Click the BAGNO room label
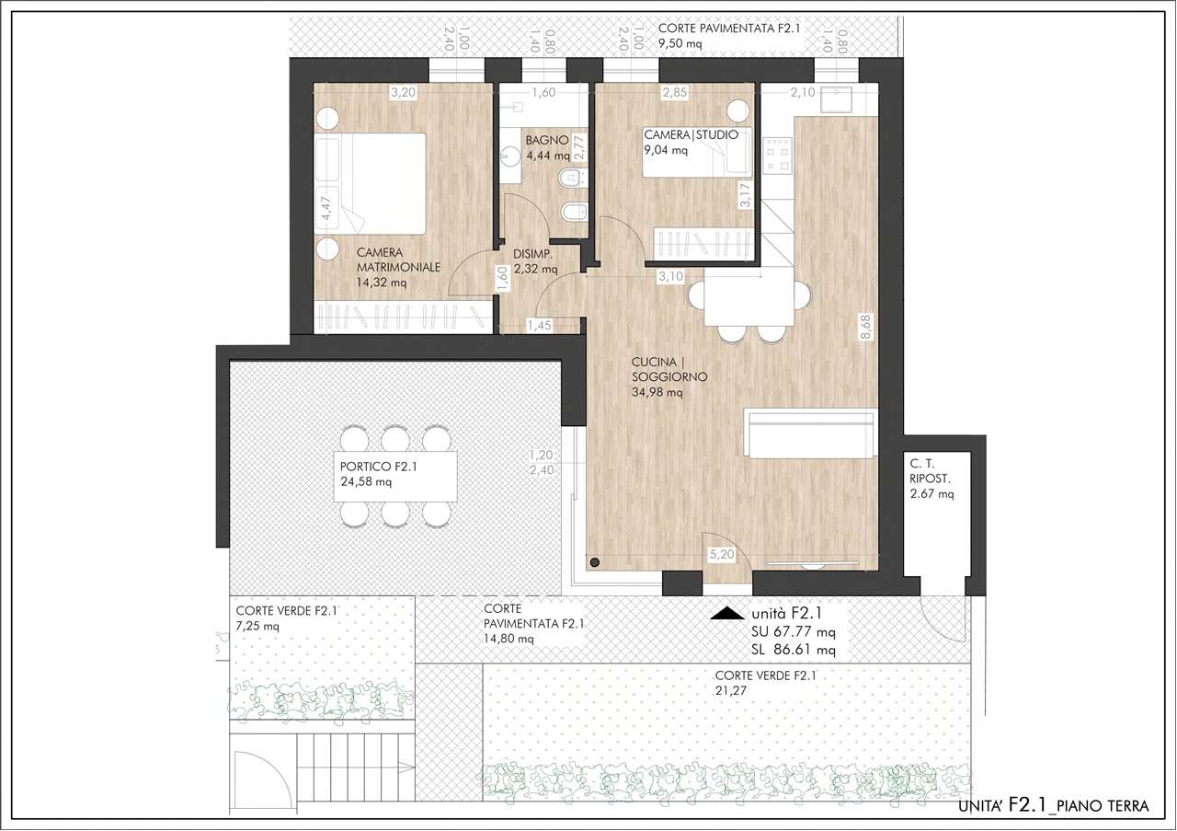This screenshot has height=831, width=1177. [x=547, y=141]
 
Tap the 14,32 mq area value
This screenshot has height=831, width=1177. [x=382, y=283]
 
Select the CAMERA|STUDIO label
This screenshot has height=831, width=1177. [x=691, y=134]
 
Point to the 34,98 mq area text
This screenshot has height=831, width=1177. [x=657, y=392]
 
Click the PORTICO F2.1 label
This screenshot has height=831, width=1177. [x=378, y=467]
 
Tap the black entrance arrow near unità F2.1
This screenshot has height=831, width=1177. [x=727, y=613]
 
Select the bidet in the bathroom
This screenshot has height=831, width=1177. [x=572, y=213]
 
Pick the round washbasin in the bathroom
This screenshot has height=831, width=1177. [x=510, y=156]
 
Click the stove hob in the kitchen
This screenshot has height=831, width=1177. [x=777, y=156]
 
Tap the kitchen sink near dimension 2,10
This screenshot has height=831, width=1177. [x=837, y=100]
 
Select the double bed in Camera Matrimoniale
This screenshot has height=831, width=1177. [x=370, y=183]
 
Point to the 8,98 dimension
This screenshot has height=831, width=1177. [x=865, y=327]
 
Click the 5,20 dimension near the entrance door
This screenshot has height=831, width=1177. [x=722, y=554]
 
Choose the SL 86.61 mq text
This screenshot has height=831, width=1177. [x=794, y=650]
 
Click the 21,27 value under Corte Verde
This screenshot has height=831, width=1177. [x=730, y=690]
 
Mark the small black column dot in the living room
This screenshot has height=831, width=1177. [x=595, y=562]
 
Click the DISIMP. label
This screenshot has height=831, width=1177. [x=532, y=255]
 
